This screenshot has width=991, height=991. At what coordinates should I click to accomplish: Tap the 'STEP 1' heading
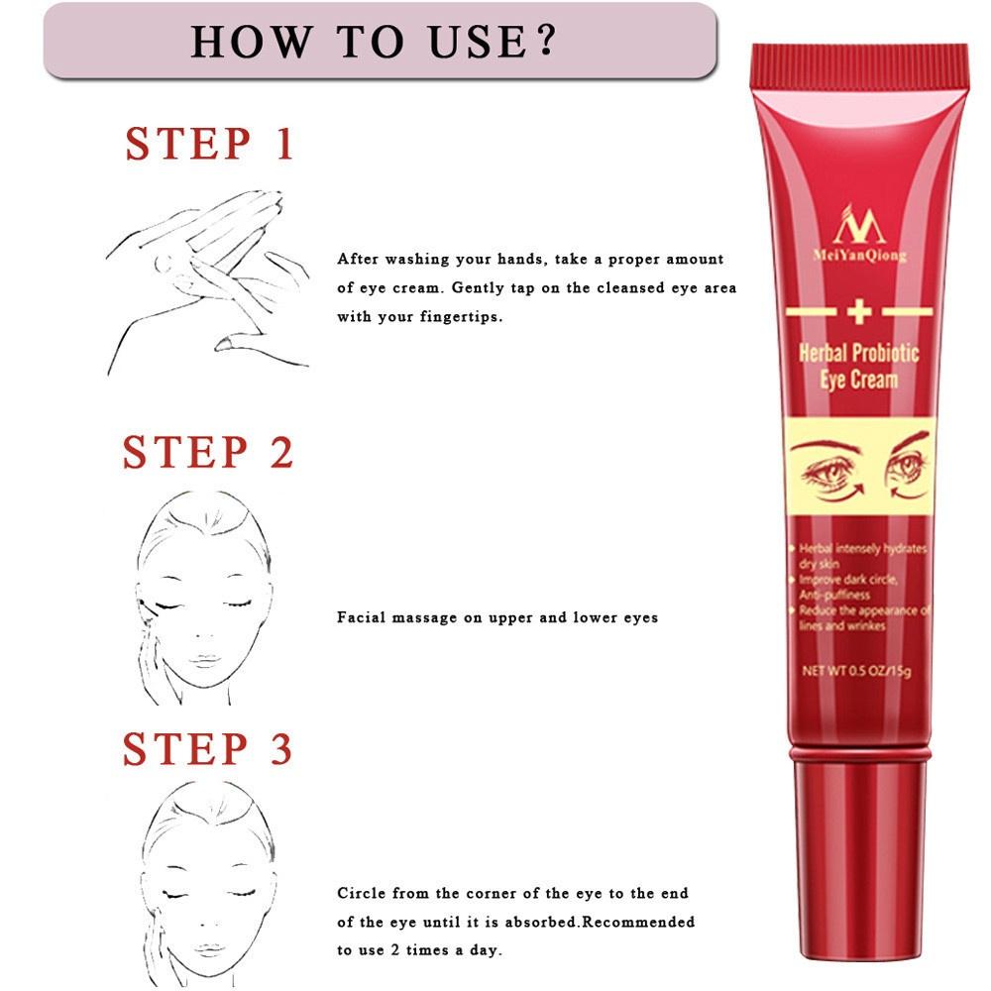(x=210, y=144)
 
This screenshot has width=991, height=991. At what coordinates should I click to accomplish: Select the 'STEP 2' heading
(x=208, y=453)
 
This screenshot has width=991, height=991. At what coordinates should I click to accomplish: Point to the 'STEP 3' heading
(x=208, y=750)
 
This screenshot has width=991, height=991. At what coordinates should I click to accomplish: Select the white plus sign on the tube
(x=858, y=313)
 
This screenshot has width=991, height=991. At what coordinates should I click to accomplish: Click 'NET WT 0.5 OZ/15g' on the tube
(x=856, y=672)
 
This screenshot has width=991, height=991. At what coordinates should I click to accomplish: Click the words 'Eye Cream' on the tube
(x=858, y=381)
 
